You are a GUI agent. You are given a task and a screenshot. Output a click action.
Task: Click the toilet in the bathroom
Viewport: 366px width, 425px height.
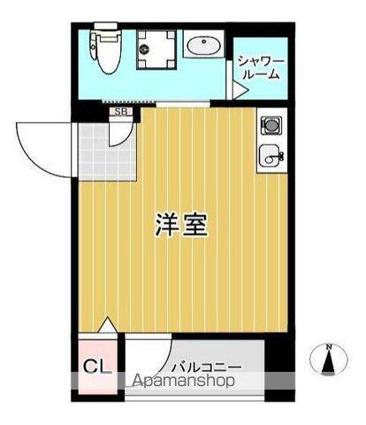click(x=107, y=54)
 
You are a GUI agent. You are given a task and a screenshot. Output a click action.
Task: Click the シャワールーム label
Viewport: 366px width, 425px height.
click(x=259, y=67)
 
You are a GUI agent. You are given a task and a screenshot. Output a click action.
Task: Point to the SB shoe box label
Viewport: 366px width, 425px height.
click(x=122, y=112)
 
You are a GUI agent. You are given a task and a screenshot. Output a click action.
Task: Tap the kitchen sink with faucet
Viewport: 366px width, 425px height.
click(x=270, y=158)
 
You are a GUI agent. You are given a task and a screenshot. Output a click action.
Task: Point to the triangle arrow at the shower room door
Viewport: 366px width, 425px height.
click(x=239, y=89)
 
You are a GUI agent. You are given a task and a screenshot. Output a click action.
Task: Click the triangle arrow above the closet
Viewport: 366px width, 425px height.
click(x=108, y=325)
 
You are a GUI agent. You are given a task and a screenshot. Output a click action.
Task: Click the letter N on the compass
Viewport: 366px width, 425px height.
click(x=329, y=345)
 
